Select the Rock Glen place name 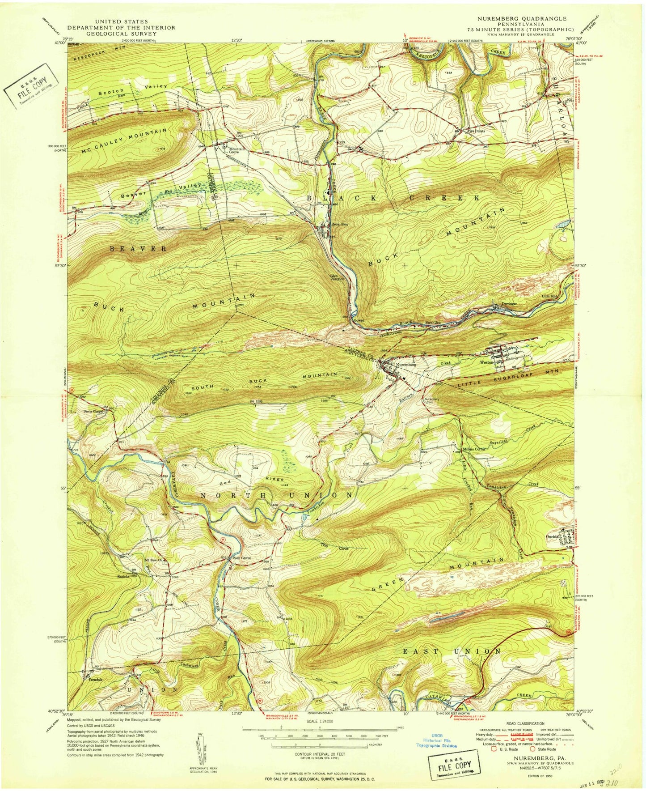(x=339, y=224)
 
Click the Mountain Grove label (x=236, y=151)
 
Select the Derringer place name (x=509, y=304)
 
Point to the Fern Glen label (x=432, y=323)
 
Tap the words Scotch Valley (x=132, y=89)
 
